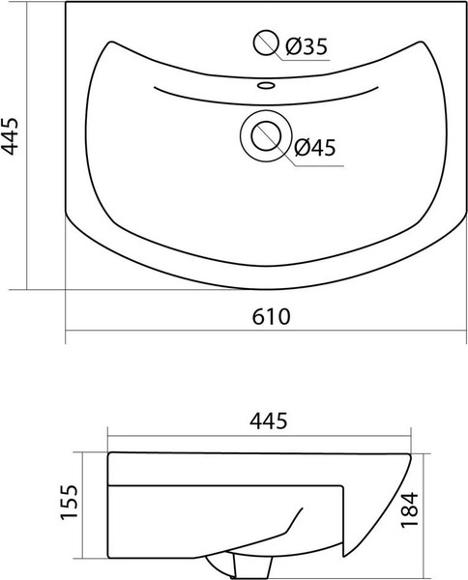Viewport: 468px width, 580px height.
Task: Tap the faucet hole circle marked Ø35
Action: point(264,43)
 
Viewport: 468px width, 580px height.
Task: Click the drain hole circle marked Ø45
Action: point(263,135)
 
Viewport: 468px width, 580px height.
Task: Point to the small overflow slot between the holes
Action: point(263,85)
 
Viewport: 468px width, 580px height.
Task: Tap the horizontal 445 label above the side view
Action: point(268,421)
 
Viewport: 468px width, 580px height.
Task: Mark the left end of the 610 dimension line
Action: point(66,333)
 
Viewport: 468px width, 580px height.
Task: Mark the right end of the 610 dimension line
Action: point(465,333)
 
